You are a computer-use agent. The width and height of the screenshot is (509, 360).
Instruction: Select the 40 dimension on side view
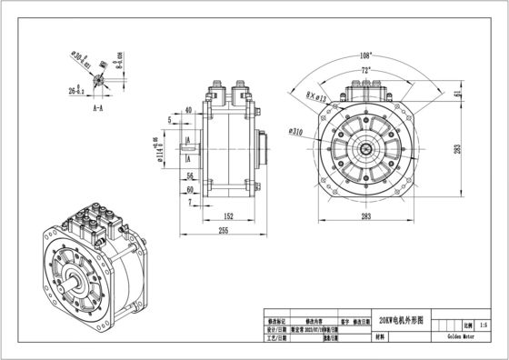188,109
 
